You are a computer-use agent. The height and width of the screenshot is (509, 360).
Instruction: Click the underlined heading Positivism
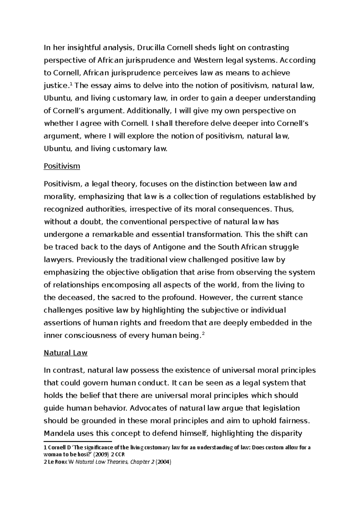(62, 166)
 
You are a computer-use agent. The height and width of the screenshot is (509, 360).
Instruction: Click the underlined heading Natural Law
(65, 353)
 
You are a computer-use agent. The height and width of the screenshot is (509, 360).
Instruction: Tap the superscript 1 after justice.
(71, 84)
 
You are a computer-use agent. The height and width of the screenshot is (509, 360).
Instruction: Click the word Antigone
(169, 247)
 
